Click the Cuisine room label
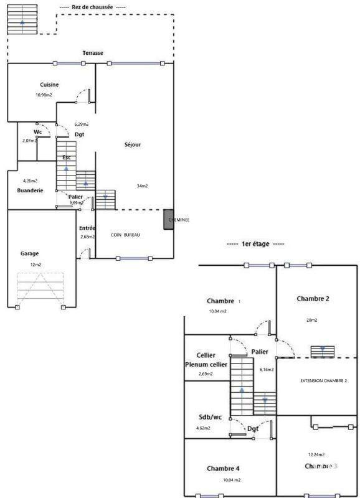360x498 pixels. click(50, 84)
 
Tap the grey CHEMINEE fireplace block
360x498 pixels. click(169, 220)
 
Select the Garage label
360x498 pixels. click(30, 253)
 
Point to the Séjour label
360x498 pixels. click(132, 144)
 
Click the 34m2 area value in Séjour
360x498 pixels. click(143, 186)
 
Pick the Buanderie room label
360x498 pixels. click(30, 190)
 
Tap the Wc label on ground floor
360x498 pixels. click(38, 132)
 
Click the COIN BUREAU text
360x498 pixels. click(125, 235)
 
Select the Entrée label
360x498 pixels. click(87, 228)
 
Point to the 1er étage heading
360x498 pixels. click(255, 244)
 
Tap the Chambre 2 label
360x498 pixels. click(313, 299)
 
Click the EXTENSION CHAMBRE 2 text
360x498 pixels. click(324, 380)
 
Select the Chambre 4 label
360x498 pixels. click(223, 468)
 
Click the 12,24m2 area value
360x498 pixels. click(317, 454)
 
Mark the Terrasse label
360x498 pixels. click(93, 53)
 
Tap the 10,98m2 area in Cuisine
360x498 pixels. click(44, 95)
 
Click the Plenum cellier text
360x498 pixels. click(206, 365)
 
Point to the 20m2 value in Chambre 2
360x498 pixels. click(311, 320)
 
